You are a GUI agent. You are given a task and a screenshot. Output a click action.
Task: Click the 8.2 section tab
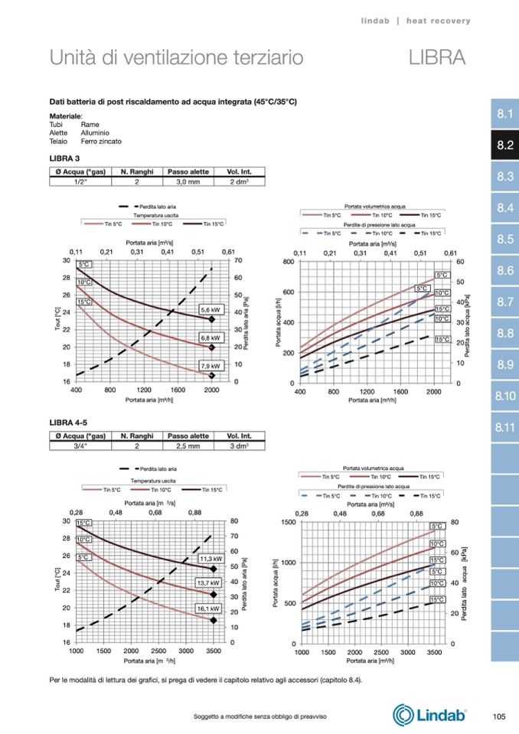(504, 145)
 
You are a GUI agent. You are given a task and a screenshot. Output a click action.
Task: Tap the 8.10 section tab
(504, 396)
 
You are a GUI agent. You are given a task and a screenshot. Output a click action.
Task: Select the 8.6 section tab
(504, 270)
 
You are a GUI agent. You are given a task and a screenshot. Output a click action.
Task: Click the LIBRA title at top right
(437, 57)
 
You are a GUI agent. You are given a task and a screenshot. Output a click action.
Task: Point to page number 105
(499, 716)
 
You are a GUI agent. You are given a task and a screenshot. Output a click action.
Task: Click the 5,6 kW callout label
(210, 310)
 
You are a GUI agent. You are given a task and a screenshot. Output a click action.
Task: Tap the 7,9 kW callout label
(210, 367)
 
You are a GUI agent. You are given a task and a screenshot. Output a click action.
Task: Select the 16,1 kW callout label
(208, 609)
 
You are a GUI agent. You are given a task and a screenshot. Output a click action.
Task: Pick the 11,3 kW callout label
(210, 559)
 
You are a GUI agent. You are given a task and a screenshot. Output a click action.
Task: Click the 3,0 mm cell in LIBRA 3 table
(188, 182)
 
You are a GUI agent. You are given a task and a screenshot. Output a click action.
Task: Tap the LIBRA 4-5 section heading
(67, 422)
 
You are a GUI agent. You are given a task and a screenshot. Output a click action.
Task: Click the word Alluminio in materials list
(95, 132)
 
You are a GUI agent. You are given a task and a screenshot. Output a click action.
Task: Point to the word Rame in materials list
(90, 124)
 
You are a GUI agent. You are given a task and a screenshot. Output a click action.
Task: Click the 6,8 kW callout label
(210, 338)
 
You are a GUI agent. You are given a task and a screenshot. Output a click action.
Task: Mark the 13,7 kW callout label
(209, 583)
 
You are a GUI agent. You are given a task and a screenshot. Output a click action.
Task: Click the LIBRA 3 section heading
(64, 158)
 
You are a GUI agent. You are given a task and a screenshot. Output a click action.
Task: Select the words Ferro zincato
(100, 141)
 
